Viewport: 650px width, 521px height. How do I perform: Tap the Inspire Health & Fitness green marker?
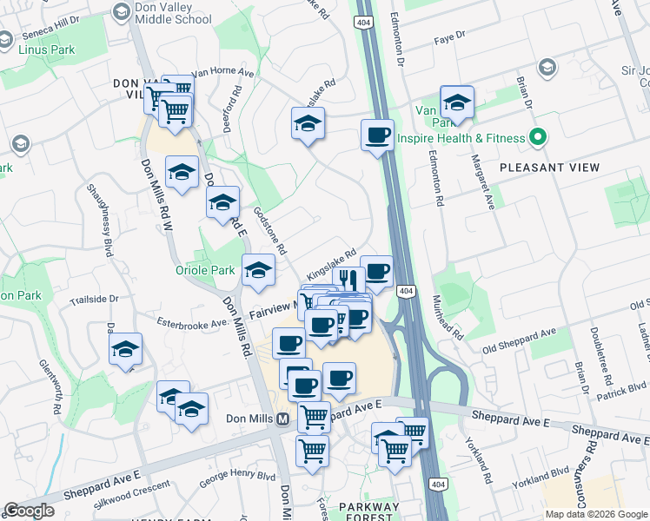tap(537, 138)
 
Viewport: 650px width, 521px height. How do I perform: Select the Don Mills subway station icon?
tap(282, 419)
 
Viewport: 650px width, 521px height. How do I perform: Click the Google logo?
tap(29, 511)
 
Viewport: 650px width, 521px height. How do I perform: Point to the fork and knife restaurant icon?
tap(347, 279)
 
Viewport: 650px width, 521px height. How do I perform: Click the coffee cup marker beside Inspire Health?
tap(377, 135)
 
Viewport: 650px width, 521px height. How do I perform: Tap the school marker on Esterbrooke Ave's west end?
tap(126, 349)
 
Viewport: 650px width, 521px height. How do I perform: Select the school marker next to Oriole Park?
tap(258, 270)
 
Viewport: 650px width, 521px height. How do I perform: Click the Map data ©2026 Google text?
tap(594, 514)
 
